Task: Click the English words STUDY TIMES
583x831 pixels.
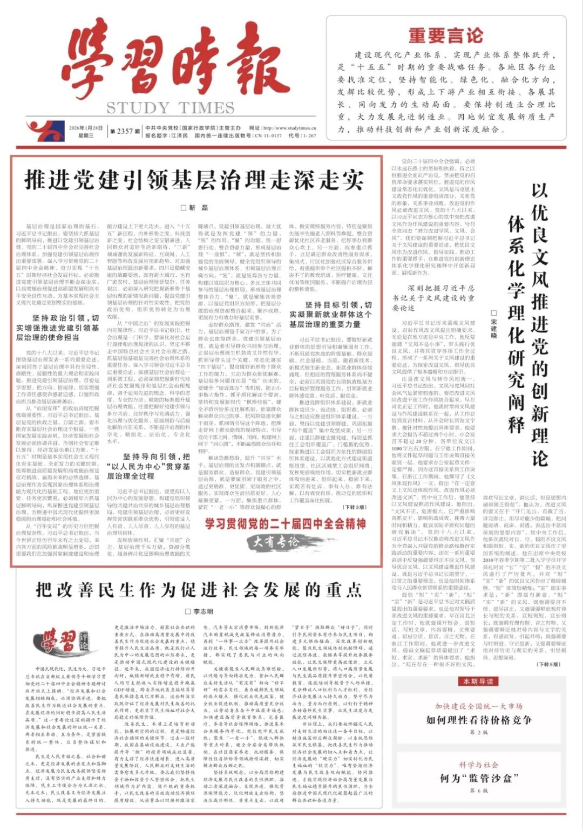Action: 171,108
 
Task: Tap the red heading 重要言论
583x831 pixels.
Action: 445,36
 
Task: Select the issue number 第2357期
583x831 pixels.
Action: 121,131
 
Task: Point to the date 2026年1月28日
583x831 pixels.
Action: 86,128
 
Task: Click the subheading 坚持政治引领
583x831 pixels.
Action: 58,328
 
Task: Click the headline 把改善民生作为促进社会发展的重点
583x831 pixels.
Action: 199,590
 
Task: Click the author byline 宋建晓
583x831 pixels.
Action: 493,324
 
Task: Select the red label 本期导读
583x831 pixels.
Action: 478,682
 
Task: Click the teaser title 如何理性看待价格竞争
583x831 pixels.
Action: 479,720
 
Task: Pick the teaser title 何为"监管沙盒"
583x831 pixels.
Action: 479,778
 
